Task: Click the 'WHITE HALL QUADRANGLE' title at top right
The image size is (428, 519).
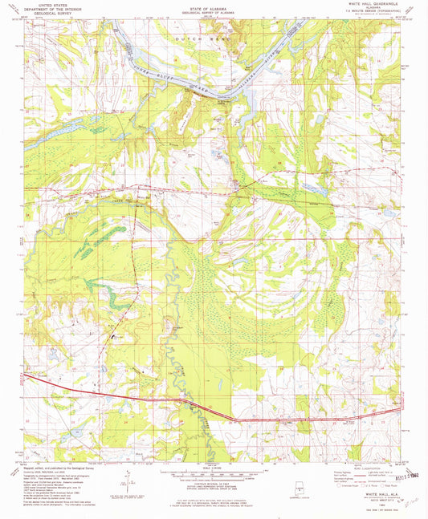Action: (369, 5)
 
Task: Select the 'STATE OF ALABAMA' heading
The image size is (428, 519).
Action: (214, 5)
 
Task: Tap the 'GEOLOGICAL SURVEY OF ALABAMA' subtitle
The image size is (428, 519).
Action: (214, 10)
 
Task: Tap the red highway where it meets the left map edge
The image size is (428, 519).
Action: (25, 375)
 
